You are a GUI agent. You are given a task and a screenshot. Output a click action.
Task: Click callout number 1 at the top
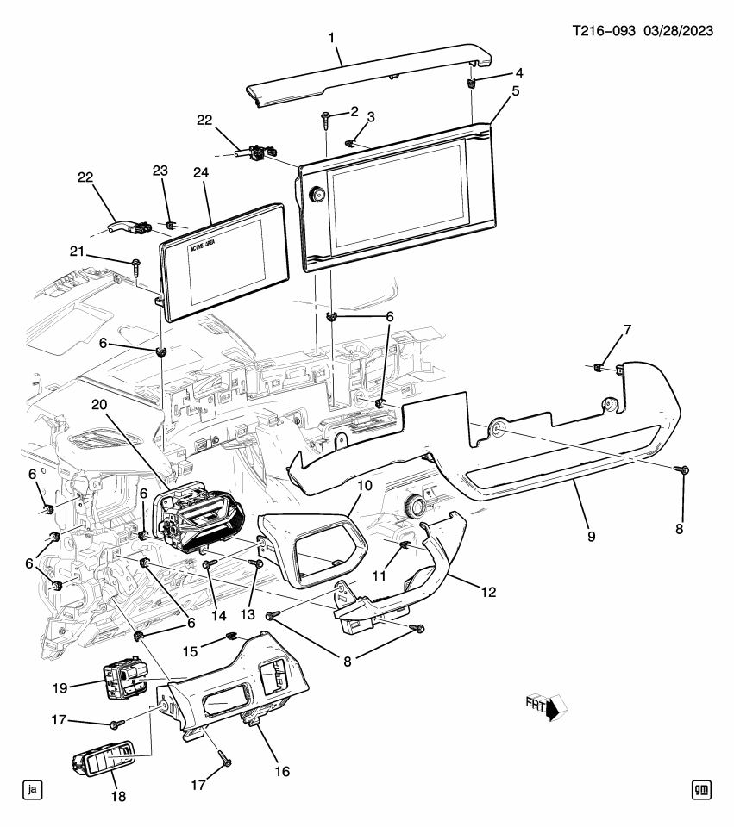(x=332, y=37)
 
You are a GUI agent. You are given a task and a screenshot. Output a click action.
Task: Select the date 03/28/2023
(x=678, y=31)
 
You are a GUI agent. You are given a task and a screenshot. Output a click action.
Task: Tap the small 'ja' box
(x=33, y=788)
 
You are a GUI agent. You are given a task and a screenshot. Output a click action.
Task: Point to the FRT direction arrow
(x=546, y=706)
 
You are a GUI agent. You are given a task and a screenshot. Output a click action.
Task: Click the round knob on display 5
(x=317, y=196)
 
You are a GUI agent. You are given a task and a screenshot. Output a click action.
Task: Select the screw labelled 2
(x=326, y=116)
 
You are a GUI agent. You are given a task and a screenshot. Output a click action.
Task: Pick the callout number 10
(x=364, y=486)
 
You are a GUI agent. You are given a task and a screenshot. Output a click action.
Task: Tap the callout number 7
(x=627, y=330)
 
